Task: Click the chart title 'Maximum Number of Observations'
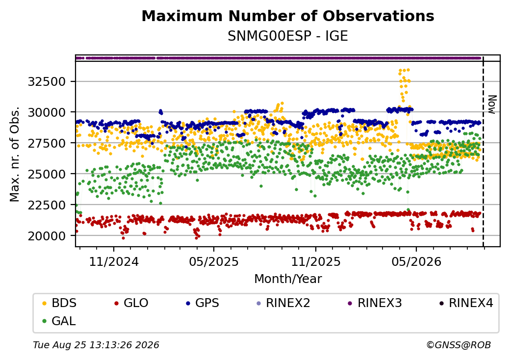[x=288, y=16]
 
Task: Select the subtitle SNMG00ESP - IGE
[x=288, y=36]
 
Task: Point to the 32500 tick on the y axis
[x=47, y=81]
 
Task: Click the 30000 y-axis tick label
[x=47, y=112]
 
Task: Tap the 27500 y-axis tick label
[x=47, y=143]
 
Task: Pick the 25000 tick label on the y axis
[x=47, y=174]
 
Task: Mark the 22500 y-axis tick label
[x=47, y=205]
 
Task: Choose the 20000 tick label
[x=47, y=236]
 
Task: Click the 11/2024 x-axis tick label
[x=114, y=262]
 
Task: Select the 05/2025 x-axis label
[x=214, y=262]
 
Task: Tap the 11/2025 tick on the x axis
[x=315, y=262]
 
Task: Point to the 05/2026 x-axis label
[x=416, y=262]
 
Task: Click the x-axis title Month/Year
[x=288, y=279]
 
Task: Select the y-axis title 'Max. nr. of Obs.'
[x=15, y=154]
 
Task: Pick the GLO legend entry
[x=131, y=303]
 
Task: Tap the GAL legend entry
[x=59, y=321]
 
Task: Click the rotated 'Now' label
[x=492, y=104]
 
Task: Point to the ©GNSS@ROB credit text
[x=459, y=345]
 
